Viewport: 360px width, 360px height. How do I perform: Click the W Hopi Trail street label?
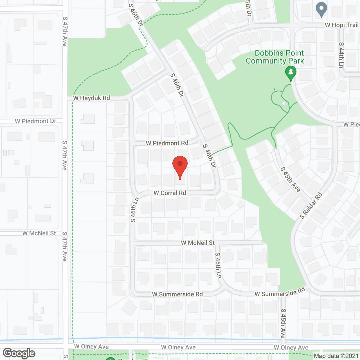click(x=341, y=25)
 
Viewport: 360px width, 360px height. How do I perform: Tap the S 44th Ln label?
click(x=341, y=55)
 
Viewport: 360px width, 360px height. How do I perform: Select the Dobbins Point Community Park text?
click(x=275, y=57)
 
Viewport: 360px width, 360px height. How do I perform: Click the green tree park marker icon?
click(x=291, y=73)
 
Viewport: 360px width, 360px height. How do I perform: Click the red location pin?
click(x=180, y=166)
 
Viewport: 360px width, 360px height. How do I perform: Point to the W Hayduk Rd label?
click(x=91, y=98)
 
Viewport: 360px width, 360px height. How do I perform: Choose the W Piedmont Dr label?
click(x=35, y=121)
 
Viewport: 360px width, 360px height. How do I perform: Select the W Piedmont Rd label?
click(x=167, y=143)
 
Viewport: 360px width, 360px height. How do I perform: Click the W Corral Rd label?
click(x=170, y=193)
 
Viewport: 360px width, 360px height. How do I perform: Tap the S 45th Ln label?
click(x=218, y=265)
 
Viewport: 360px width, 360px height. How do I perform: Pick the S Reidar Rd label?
click(x=311, y=206)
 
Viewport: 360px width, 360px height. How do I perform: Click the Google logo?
click(x=19, y=353)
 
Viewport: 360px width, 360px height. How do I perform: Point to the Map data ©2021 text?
click(x=336, y=356)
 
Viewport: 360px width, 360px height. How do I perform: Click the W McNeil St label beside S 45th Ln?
click(x=198, y=243)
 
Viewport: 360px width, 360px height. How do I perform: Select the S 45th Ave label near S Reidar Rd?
click(x=290, y=179)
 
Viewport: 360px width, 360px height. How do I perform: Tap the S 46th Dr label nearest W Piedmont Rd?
click(x=210, y=156)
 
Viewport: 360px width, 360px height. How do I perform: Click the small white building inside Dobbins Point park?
click(x=284, y=103)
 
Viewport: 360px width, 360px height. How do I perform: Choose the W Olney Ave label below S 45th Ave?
click(x=291, y=348)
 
